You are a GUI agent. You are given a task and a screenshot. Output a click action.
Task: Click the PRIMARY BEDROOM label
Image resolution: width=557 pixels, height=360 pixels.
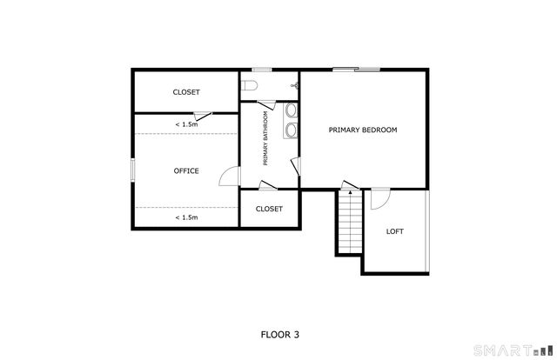[x=362, y=130]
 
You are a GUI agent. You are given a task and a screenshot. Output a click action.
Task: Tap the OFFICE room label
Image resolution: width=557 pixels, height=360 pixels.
[x=186, y=170]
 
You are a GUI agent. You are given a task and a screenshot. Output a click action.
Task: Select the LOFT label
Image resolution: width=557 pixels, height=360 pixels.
[x=395, y=231]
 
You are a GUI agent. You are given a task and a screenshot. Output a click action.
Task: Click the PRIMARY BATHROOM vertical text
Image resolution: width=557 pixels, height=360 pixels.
[x=265, y=140]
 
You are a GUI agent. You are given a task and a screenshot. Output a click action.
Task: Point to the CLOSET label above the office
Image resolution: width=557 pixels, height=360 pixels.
[x=186, y=91]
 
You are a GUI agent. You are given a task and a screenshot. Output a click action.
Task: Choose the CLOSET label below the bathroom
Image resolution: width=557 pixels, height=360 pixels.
[x=269, y=209]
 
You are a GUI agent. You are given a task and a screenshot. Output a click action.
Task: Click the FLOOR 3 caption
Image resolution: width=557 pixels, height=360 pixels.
[x=280, y=333]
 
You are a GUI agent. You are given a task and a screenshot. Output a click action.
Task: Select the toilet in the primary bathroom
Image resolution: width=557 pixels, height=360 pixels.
[x=249, y=85]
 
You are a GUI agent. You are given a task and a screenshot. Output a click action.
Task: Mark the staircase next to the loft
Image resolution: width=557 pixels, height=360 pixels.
[x=349, y=223]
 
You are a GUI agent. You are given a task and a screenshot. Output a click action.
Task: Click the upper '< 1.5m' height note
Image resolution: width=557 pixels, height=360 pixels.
[x=186, y=124]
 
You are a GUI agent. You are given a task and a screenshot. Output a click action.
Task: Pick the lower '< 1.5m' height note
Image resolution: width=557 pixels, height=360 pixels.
[x=186, y=217]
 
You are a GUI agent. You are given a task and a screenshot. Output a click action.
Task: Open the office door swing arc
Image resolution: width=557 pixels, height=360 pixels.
[x=228, y=177]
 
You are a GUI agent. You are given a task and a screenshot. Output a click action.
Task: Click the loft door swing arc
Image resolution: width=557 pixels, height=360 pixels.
[x=380, y=199]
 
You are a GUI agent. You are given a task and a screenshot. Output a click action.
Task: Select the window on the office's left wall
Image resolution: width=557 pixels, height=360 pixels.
[x=132, y=170]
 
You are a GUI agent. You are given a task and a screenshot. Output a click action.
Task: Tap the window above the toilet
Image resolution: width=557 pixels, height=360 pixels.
[x=261, y=70]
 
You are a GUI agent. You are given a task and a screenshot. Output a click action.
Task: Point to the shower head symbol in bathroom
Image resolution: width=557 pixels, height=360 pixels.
[x=296, y=86]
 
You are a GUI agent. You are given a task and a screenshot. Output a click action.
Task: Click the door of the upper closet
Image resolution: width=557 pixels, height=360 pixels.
[x=202, y=115]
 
